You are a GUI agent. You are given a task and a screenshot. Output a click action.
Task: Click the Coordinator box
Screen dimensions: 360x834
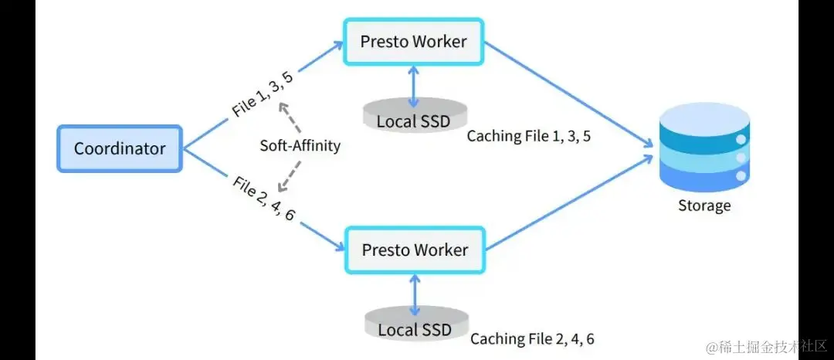[120, 148]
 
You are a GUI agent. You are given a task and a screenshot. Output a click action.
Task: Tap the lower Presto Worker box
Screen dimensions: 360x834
[414, 250]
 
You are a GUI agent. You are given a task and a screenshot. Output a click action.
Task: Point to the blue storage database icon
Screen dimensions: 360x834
[703, 151]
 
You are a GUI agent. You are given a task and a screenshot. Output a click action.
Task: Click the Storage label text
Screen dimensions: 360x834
[703, 205]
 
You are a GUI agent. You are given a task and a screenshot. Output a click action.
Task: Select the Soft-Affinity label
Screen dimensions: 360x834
[300, 145]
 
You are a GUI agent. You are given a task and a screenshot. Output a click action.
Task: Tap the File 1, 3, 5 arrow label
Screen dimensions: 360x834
[262, 93]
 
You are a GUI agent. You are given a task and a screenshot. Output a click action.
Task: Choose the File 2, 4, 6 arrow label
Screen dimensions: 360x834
[263, 199]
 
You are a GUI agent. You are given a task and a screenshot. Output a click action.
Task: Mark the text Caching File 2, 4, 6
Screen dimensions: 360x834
[532, 338]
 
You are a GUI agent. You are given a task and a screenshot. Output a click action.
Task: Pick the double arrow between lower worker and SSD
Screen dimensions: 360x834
[415, 294]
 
